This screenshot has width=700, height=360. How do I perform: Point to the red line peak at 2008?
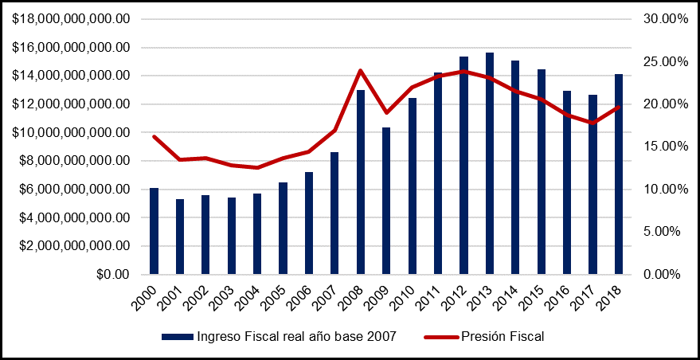(x=361, y=70)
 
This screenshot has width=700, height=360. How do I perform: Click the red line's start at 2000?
(x=154, y=136)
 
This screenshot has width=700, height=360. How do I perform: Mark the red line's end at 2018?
(x=619, y=107)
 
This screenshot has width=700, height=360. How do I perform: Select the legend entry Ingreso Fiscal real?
(x=295, y=337)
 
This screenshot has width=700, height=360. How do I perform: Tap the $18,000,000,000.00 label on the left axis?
(x=70, y=19)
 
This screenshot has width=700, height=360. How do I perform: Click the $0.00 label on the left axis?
(x=109, y=274)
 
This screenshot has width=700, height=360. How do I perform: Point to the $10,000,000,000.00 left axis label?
(x=70, y=132)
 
